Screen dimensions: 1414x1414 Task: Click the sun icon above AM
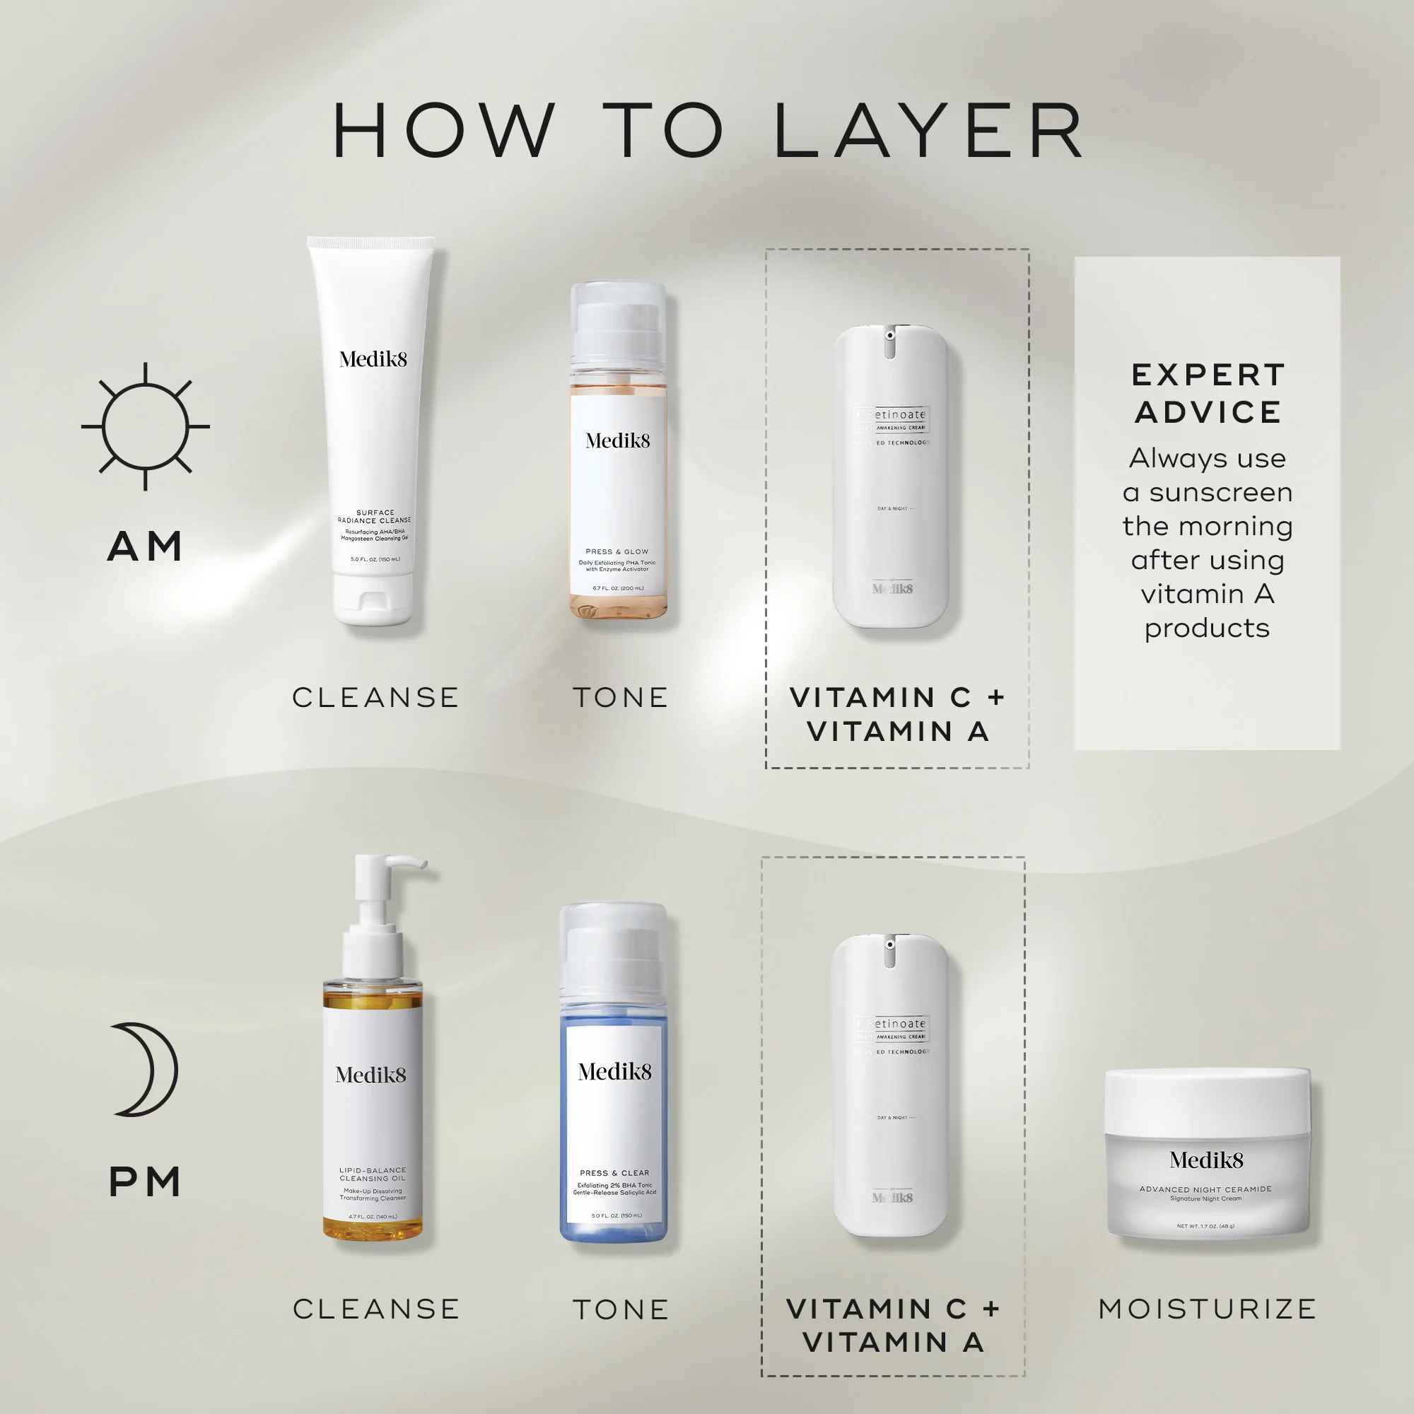tap(145, 426)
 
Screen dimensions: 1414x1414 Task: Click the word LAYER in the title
tap(928, 131)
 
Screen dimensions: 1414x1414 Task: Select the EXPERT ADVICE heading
tap(1207, 393)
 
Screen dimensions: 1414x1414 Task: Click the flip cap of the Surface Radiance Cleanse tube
tap(373, 598)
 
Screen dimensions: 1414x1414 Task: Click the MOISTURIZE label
tap(1207, 1309)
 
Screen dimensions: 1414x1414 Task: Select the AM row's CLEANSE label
tap(375, 698)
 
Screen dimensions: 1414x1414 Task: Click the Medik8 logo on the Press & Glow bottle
tap(618, 440)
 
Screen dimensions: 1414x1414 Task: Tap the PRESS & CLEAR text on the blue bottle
tap(614, 1172)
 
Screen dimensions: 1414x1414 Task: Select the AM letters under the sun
tap(145, 547)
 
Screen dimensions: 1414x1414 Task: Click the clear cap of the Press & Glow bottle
tap(618, 322)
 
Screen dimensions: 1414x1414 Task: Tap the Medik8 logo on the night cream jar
tap(1205, 1160)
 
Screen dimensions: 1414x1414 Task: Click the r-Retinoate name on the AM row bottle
tap(892, 415)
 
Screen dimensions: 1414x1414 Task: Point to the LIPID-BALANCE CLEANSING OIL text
tap(373, 1174)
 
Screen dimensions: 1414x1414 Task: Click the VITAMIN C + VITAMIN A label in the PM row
tap(893, 1326)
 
